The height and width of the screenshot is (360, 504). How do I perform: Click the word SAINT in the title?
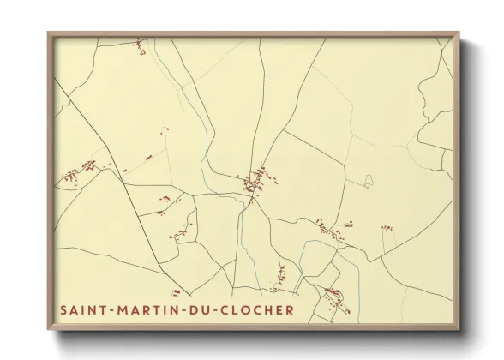coord(83,309)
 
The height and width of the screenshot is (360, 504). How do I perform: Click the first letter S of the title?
coord(63,309)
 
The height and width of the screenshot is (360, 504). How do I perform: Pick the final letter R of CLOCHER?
coord(290,309)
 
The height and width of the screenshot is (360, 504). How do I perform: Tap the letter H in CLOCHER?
coord(269,309)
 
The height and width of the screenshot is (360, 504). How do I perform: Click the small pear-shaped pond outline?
coord(369,181)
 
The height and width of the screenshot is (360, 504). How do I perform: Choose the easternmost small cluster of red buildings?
coord(387,228)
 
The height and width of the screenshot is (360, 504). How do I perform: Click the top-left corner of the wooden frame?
coord(49,33)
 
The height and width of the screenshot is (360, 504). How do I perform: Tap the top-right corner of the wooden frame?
coord(458,33)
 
